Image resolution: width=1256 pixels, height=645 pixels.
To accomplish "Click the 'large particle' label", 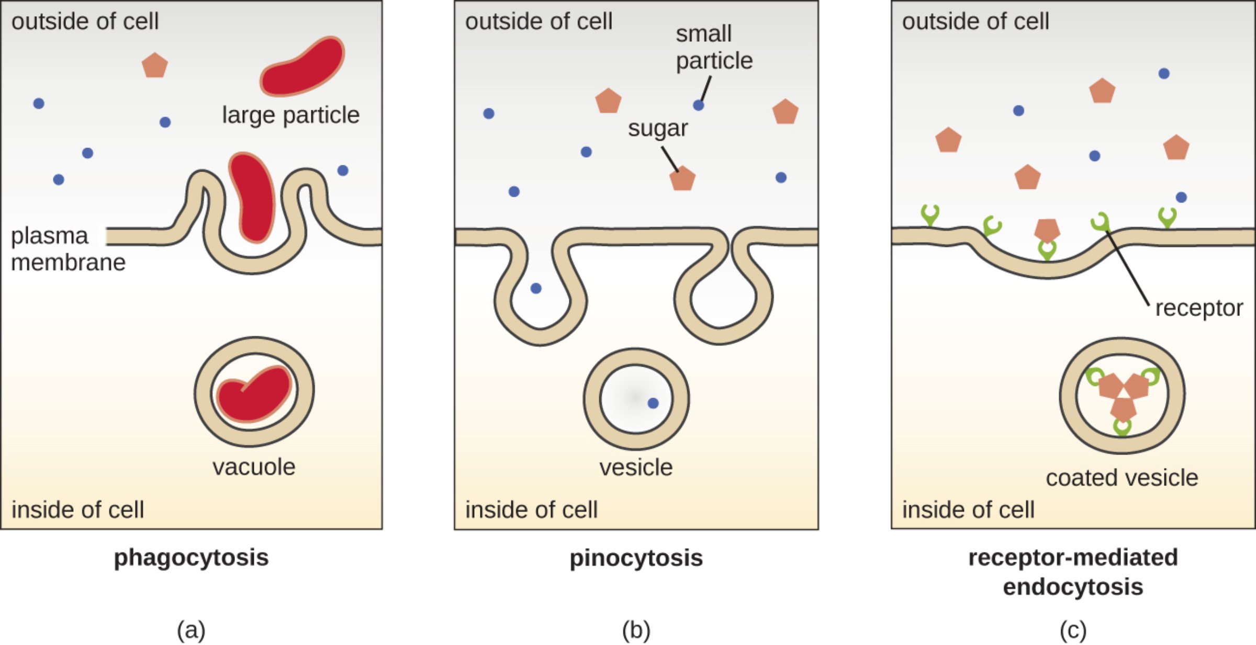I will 290,115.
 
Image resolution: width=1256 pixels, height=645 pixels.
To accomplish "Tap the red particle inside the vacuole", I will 254,393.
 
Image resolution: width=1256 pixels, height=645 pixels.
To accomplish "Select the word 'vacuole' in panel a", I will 254,467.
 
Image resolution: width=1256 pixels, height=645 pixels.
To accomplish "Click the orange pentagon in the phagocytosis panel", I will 154,65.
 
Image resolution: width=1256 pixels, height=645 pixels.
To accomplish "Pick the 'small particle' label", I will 714,47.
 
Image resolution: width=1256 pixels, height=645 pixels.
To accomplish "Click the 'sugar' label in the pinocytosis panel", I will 657,128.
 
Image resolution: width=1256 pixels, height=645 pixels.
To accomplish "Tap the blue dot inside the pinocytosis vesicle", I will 653,403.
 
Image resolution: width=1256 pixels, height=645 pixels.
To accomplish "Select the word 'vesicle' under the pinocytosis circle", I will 636,467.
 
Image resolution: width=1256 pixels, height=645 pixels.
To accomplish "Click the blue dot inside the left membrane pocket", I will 536,288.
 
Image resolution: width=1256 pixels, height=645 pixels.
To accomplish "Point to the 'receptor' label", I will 1198,308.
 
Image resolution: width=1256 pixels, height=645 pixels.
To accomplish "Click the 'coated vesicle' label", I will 1122,478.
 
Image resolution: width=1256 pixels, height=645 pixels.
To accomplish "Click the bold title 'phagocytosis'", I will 191,558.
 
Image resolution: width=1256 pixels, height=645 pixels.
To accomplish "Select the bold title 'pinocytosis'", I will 636,558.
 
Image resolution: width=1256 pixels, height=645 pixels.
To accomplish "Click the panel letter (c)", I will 1073,630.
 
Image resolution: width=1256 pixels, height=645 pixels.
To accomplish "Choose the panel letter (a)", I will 191,630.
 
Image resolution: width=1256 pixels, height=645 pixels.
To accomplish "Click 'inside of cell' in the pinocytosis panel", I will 531,510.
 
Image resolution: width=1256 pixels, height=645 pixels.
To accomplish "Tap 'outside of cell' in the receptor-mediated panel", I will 975,21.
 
